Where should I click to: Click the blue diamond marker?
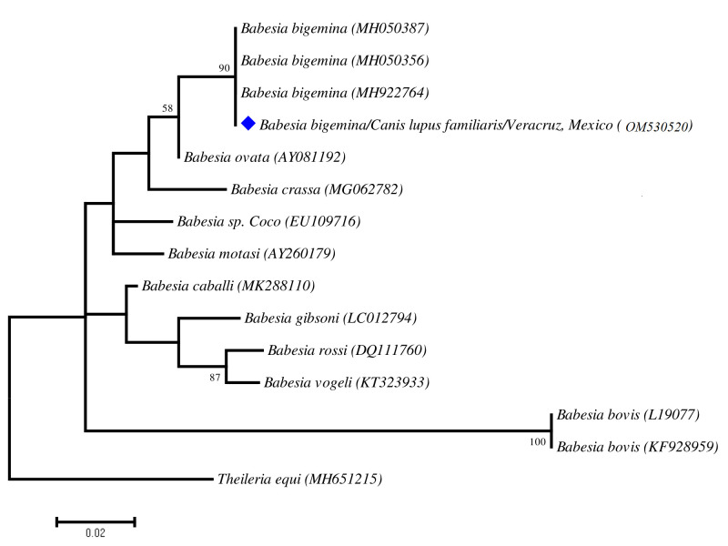coord(248,124)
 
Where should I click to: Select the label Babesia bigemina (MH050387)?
coord(334,29)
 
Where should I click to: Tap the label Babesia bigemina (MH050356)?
coord(334,61)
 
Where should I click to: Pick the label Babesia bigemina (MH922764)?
coord(334,93)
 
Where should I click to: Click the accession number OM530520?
coord(659,126)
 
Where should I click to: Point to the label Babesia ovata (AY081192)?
coord(265,157)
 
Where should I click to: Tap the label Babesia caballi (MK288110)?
coord(228,286)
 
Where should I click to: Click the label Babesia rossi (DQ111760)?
coord(347,350)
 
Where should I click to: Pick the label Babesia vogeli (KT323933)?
coord(346,382)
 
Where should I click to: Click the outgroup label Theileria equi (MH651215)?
coord(299,479)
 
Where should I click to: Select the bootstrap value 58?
coord(167,108)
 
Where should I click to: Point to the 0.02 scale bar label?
coord(95,534)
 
